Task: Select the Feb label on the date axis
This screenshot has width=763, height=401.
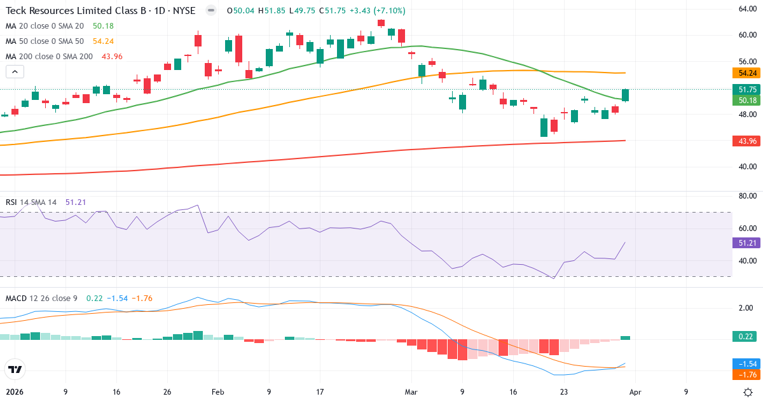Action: [x=218, y=392]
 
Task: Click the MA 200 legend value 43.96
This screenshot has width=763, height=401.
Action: [x=112, y=57]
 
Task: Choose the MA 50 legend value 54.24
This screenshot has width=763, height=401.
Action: [x=103, y=41]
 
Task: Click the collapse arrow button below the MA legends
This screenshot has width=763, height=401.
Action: [x=15, y=71]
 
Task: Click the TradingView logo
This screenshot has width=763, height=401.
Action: [x=15, y=369]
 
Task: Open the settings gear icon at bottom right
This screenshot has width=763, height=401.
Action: [x=748, y=392]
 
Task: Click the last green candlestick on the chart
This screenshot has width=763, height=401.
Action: [x=625, y=95]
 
